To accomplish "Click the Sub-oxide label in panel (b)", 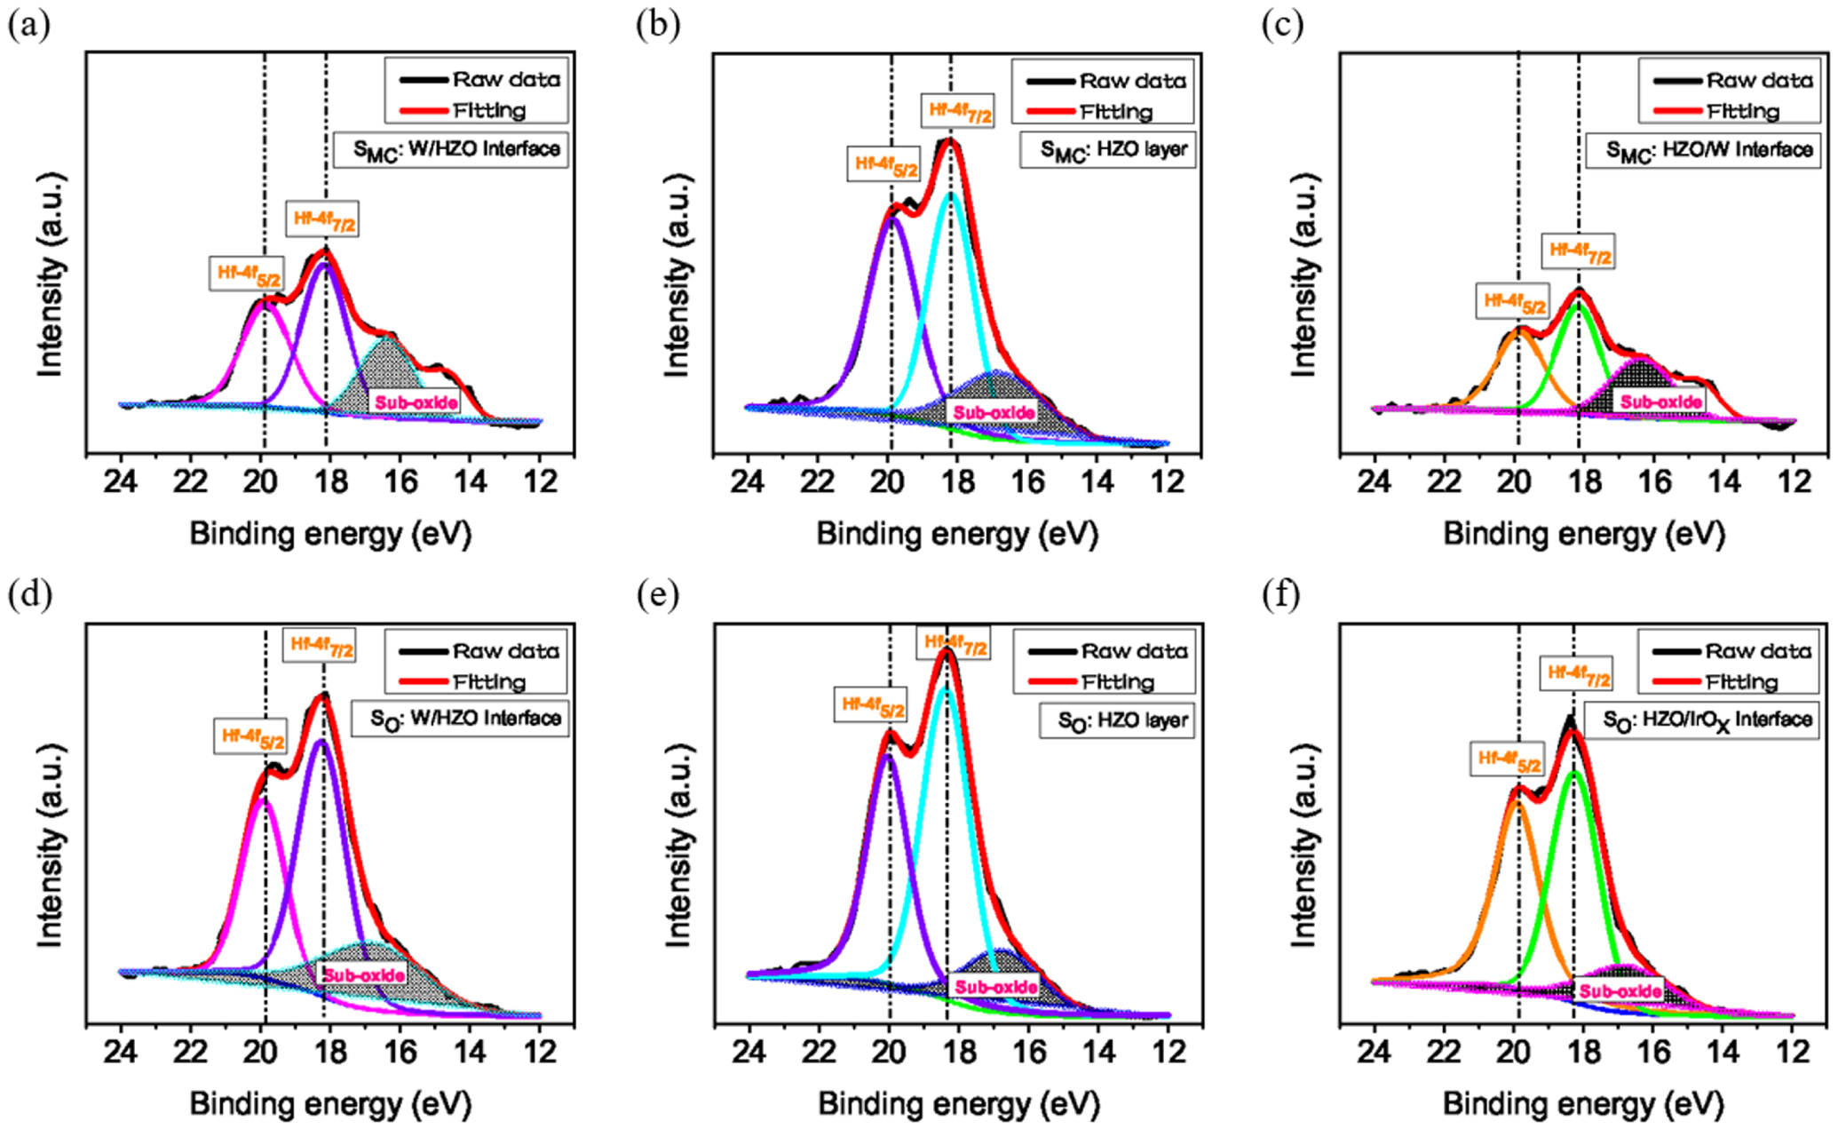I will pos(994,412).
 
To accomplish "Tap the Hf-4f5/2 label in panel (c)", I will pos(1515,303).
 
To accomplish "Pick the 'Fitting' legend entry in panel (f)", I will pos(1740,682).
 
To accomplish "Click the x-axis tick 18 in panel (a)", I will pos(330,482).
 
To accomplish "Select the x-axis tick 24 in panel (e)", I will pos(749,1053).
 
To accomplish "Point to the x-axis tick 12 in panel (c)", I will pos(1794,482).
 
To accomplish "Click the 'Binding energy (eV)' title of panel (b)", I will pos(957,534).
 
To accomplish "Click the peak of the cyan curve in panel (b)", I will pos(950,193).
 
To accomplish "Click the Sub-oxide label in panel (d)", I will pos(364,974).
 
